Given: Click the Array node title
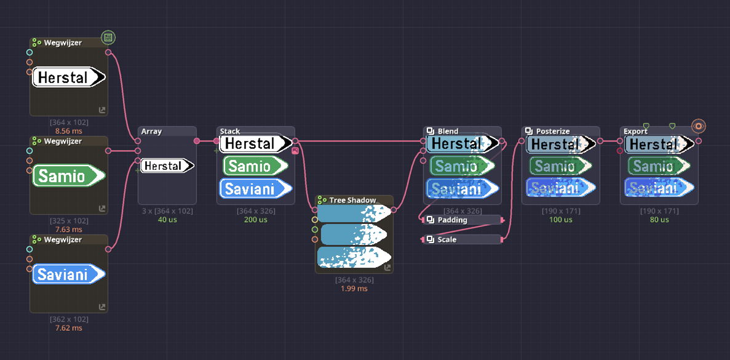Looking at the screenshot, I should coord(151,131).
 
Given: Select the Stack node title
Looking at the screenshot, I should coord(230,131).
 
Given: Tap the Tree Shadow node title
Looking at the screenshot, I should coord(352,200).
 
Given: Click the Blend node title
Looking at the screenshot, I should coord(448,131).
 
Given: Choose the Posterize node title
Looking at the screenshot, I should coord(552,131).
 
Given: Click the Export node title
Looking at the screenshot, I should coord(635,131).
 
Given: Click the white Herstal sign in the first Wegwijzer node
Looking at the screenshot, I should coord(69,77).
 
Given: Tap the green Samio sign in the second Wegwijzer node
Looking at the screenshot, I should coord(69,176).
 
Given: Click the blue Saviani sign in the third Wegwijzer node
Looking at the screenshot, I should coord(69,274).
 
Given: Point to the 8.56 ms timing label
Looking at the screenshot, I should coord(69,131).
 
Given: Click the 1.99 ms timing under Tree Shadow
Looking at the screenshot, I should coord(354,289).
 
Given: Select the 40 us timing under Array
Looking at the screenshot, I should coord(167,220).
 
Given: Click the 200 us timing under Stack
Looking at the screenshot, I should coord(256,220).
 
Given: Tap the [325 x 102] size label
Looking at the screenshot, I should coord(69,221).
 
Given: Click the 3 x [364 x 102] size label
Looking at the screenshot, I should coord(167,211).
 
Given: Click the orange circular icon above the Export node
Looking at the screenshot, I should coord(698,126).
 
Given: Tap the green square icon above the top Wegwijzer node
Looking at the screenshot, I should coord(108,38).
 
